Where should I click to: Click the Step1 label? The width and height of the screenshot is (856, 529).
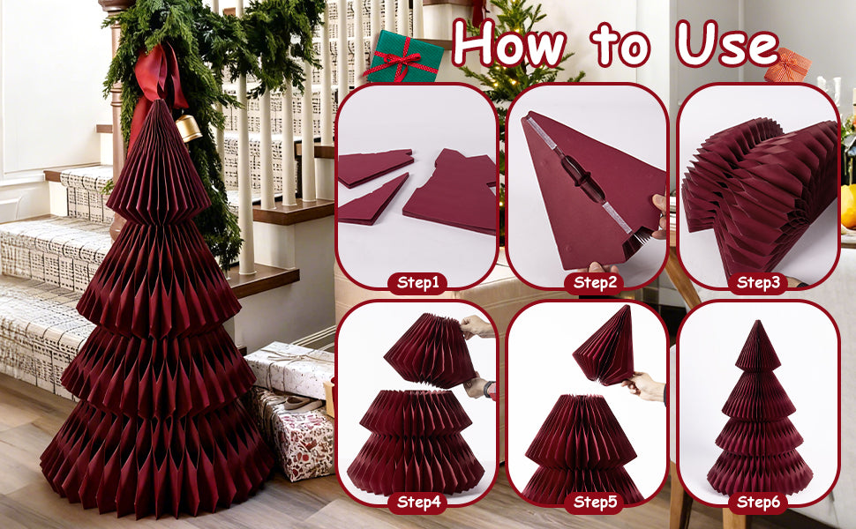point(417,283)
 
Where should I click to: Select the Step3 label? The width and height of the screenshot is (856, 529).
point(758,283)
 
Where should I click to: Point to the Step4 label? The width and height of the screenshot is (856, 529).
point(417,503)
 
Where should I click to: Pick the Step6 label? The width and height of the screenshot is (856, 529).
point(758,503)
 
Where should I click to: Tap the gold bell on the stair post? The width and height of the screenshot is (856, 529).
point(187,129)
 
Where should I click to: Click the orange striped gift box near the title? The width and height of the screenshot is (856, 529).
point(787,65)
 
